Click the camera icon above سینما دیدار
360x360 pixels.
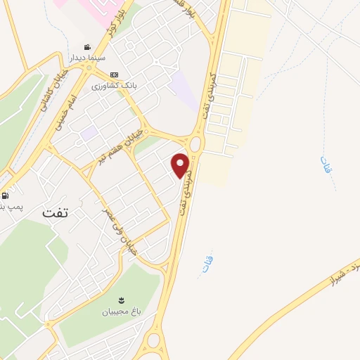tap(87, 46)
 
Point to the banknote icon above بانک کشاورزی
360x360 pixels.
tap(114, 75)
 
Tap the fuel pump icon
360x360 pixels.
tap(6, 195)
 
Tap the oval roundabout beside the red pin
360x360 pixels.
tap(195, 144)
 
